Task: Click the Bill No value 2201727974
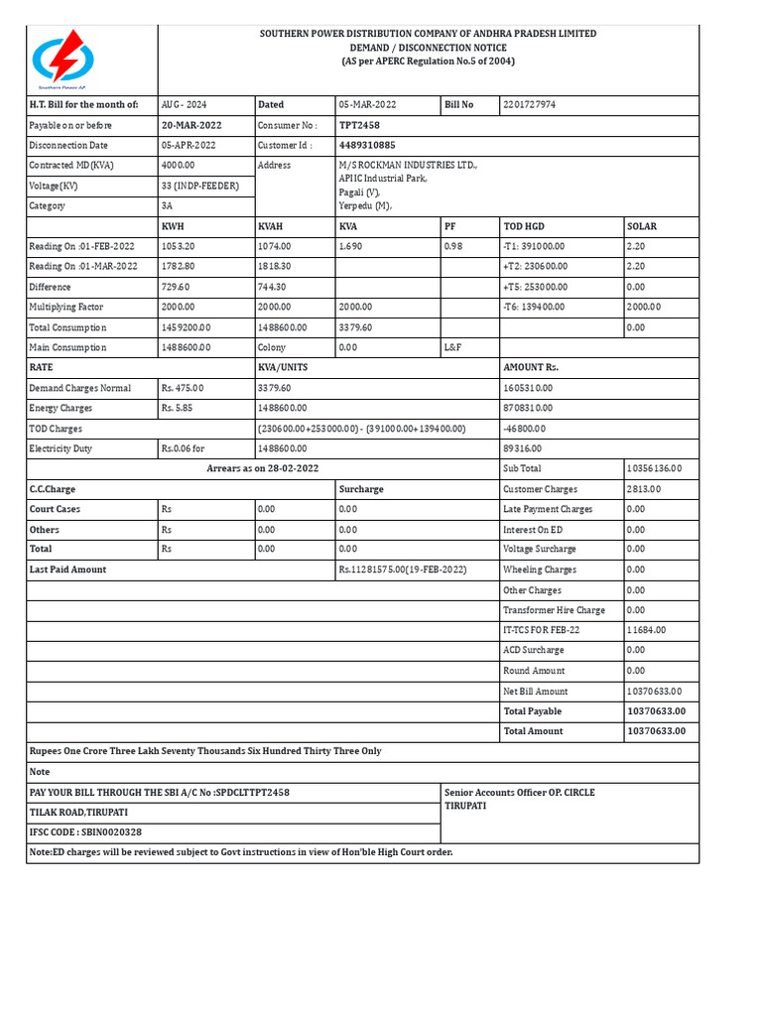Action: tap(530, 104)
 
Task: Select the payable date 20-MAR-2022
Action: tap(191, 125)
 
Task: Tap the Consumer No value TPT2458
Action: tap(359, 125)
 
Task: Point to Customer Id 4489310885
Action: tap(373, 145)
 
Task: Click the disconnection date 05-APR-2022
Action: tap(190, 145)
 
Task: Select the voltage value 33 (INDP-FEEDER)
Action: tap(199, 186)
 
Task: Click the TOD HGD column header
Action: tap(524, 226)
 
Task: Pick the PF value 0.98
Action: tap(453, 246)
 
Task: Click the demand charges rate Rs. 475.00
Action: tap(183, 388)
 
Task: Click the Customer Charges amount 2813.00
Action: tap(644, 489)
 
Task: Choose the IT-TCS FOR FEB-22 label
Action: tap(542, 630)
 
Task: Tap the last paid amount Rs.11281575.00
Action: tap(403, 570)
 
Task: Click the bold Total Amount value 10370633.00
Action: tap(656, 731)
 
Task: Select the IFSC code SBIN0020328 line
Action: tap(85, 832)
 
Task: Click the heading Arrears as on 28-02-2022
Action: tap(263, 468)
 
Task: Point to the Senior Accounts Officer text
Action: tap(520, 793)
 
